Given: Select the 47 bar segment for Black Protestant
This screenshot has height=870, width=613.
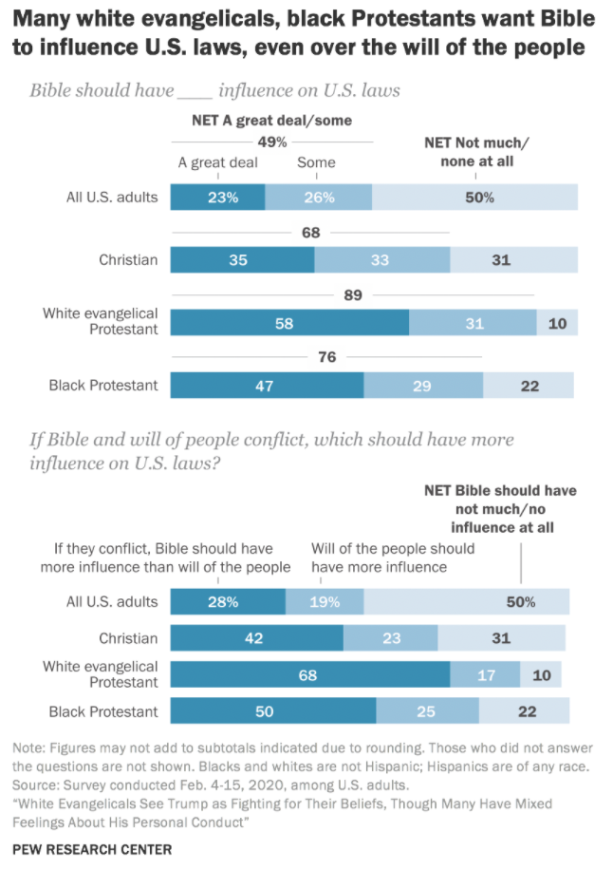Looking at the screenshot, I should point(267,385).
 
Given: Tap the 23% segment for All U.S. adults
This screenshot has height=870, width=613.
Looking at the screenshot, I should point(217,198).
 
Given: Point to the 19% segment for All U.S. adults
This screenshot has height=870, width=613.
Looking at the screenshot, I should point(325,601).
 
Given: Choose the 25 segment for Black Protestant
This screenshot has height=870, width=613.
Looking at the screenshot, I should point(427,711).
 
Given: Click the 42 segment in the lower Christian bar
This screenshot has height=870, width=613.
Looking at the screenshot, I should point(256,637).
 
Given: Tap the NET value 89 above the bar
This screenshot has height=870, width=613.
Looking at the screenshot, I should point(353,295).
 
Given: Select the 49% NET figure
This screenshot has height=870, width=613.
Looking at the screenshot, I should point(272,142).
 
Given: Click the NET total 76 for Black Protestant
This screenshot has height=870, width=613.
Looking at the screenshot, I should point(327,357).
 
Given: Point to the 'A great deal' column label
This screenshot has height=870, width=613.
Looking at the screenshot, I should point(218,162).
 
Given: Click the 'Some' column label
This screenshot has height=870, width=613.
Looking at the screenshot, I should point(316,162).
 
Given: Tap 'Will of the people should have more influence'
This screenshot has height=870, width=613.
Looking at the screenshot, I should point(393,558).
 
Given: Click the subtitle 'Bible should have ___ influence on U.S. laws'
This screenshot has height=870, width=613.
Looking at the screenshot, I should point(214,91).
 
